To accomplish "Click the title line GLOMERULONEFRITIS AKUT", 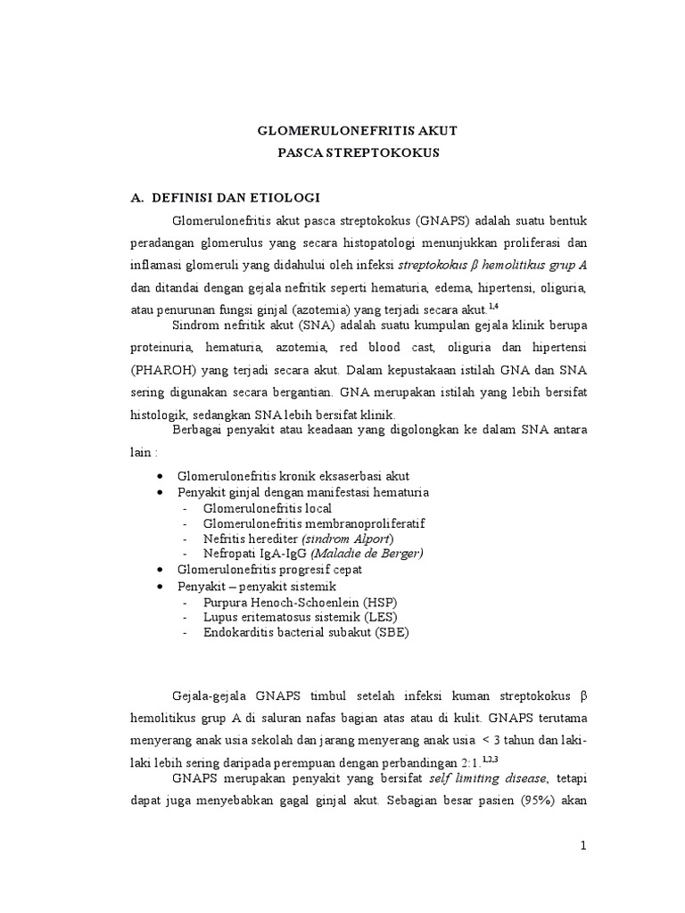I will pyautogui.click(x=357, y=130).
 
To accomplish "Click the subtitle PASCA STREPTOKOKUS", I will pyautogui.click(x=357, y=152).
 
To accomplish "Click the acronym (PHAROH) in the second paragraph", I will pyautogui.click(x=161, y=368).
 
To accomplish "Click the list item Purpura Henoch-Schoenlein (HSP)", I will pyautogui.click(x=302, y=603).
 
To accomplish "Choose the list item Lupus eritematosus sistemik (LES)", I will pyautogui.click(x=300, y=617).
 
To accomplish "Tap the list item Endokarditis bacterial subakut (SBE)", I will pyautogui.click(x=307, y=632).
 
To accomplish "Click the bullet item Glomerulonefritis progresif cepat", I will pyautogui.click(x=269, y=569).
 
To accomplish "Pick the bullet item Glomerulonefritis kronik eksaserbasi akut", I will pyautogui.click(x=293, y=476).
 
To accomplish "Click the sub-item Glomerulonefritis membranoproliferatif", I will pyautogui.click(x=314, y=523).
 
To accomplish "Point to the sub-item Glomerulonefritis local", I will pyautogui.click(x=267, y=508).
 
